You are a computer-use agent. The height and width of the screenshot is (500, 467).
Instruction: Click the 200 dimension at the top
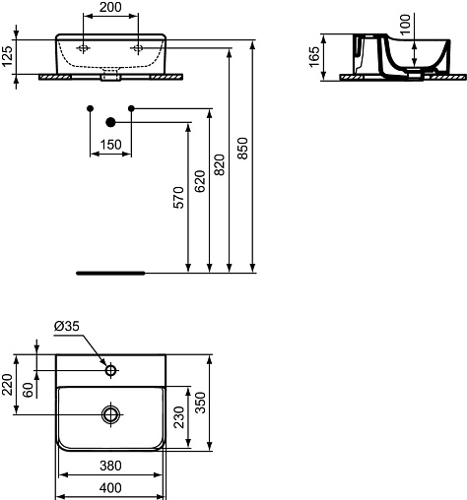(110, 7)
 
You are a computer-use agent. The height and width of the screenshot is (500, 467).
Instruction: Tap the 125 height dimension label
(7, 56)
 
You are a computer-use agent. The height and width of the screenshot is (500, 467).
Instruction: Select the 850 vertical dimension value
(242, 149)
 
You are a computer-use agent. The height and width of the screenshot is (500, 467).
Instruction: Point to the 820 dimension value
(220, 164)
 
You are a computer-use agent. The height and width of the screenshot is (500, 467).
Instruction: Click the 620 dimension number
(200, 181)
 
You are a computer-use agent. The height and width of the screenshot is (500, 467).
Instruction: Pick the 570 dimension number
(179, 198)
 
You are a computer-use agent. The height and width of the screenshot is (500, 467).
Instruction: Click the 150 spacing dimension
(110, 145)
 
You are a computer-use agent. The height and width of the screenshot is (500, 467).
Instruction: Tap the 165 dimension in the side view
(314, 57)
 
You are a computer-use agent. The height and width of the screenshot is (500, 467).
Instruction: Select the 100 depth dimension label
(406, 24)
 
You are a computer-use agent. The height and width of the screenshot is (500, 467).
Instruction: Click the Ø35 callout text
(67, 326)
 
